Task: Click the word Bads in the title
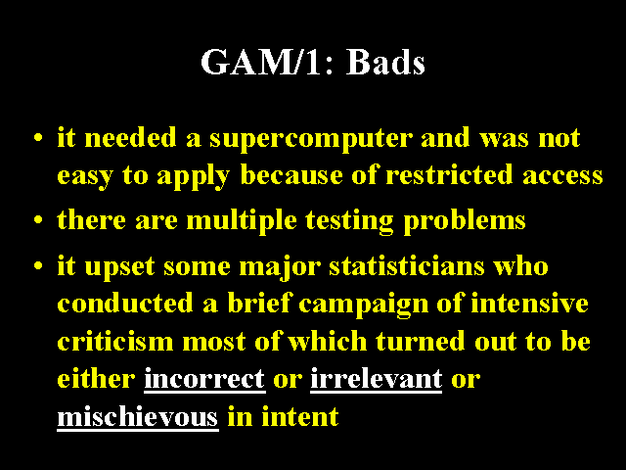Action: point(385,62)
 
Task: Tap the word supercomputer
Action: point(311,139)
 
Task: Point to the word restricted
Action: point(449,174)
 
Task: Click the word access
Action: point(562,176)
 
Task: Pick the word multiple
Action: point(242,221)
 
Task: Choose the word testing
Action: point(350,221)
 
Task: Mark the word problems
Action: point(465,221)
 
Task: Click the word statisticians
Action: point(407,265)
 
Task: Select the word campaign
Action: point(363,305)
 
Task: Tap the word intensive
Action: point(529,303)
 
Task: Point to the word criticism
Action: point(115,342)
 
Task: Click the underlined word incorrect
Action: point(204,379)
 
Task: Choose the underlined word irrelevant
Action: point(376,378)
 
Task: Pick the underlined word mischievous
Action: point(138,417)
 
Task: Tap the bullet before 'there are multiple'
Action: point(38,219)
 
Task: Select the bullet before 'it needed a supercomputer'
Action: point(38,138)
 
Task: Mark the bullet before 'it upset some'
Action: point(38,265)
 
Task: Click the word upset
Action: point(119,267)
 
